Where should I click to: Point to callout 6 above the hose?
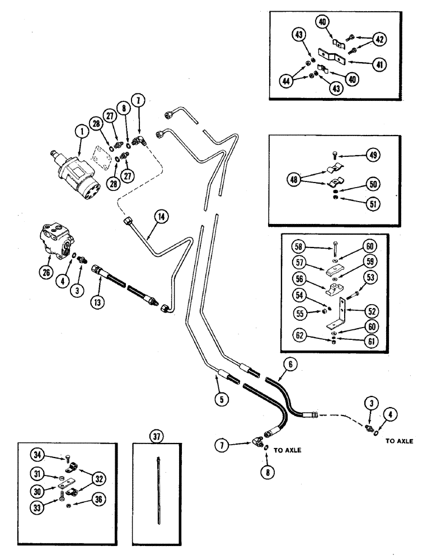tap(292, 363)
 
